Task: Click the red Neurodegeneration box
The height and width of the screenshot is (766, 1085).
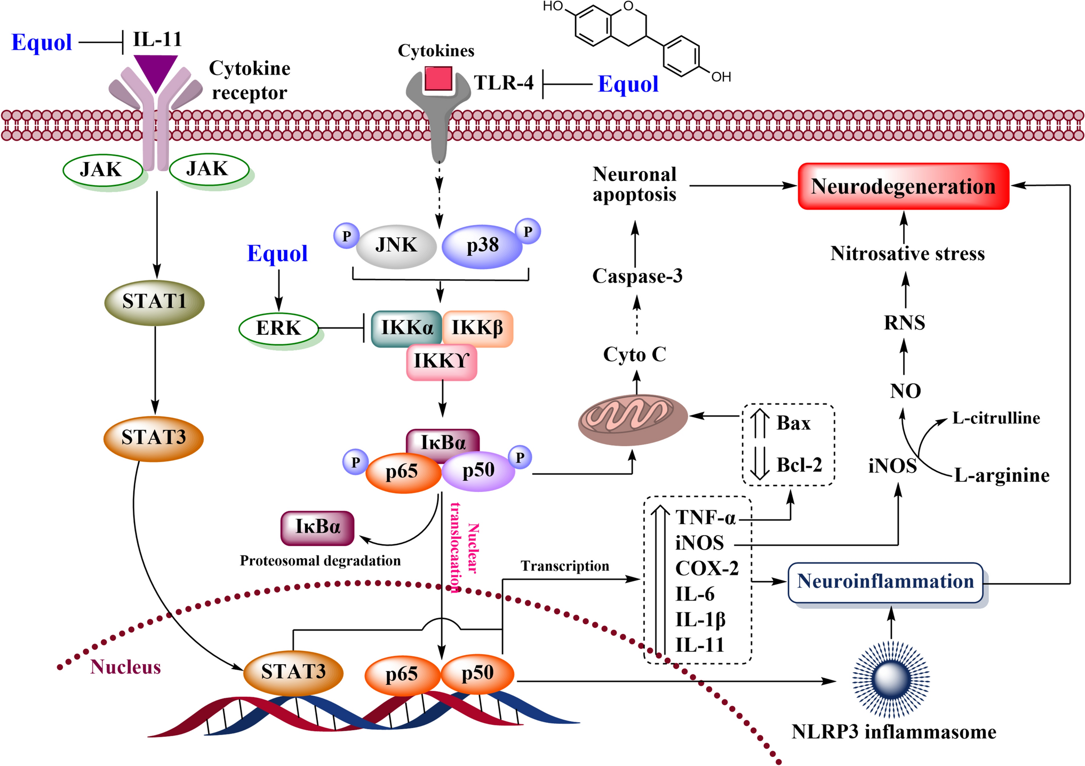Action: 903,186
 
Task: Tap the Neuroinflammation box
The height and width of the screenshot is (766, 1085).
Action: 885,582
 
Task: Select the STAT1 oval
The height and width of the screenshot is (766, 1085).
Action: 154,302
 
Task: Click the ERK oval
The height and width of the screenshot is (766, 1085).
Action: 278,328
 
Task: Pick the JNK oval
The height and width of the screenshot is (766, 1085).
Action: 396,245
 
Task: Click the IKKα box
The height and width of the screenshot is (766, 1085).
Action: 406,328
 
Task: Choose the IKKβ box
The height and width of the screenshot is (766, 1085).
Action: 477,328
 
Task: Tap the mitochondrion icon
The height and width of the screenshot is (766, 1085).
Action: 633,419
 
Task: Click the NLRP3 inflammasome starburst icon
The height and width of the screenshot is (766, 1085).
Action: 891,679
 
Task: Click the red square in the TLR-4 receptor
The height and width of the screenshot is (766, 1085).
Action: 438,79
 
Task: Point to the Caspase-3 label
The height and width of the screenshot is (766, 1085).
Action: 637,276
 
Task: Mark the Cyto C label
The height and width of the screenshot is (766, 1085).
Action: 635,354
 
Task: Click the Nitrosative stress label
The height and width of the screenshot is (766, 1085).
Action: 907,253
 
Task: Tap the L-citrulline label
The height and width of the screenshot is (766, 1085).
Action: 996,418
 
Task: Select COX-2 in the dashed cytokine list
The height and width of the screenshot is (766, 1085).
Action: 707,568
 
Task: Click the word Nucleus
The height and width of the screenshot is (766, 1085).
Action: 125,667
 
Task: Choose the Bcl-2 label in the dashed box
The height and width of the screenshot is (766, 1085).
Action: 799,465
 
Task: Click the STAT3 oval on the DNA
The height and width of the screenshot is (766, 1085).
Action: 293,672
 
